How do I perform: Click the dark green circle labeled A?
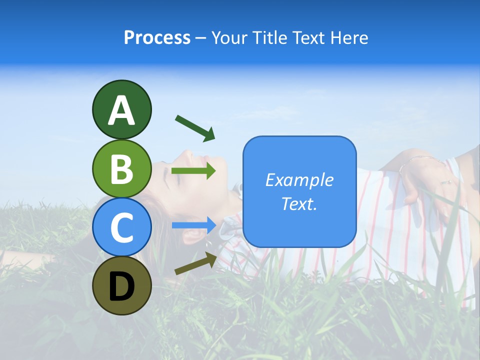pyautogui.click(x=121, y=109)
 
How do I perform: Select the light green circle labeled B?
pyautogui.click(x=121, y=168)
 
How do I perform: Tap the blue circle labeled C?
pyautogui.click(x=121, y=227)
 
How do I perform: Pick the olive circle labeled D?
pyautogui.click(x=121, y=285)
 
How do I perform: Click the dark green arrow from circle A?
pyautogui.click(x=195, y=128)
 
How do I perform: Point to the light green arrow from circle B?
pyautogui.click(x=193, y=171)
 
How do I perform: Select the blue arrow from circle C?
pyautogui.click(x=193, y=225)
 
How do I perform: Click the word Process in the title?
pyautogui.click(x=157, y=37)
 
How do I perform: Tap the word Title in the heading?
pyautogui.click(x=271, y=37)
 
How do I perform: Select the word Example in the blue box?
pyautogui.click(x=299, y=180)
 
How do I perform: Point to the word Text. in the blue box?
pyautogui.click(x=299, y=203)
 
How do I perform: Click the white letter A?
pyautogui.click(x=121, y=110)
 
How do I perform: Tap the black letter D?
pyautogui.click(x=121, y=286)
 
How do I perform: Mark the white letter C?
pyautogui.click(x=121, y=228)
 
